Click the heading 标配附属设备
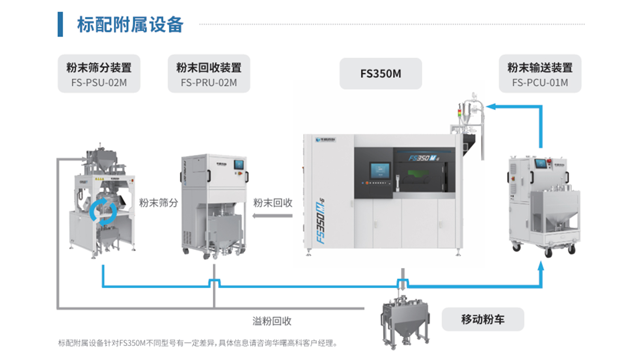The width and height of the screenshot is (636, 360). [x=130, y=25]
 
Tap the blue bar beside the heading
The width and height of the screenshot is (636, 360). [x=60, y=24]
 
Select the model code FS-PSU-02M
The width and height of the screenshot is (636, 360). [x=99, y=83]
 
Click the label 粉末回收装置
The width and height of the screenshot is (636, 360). [x=209, y=68]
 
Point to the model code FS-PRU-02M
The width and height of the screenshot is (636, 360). [x=209, y=83]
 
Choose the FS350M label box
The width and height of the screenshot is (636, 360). [x=381, y=74]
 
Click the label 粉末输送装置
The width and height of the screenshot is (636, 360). [x=540, y=68]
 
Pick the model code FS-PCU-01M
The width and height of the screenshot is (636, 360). [x=540, y=83]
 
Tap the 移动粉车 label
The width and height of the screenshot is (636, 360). [x=483, y=319]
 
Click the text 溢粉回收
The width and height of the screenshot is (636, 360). [x=272, y=321]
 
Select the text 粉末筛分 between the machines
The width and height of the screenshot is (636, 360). [x=158, y=203]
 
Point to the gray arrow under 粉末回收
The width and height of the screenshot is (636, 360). [x=272, y=216]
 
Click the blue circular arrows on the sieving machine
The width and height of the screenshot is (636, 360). [x=103, y=212]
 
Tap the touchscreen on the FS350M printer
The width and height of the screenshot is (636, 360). [x=380, y=170]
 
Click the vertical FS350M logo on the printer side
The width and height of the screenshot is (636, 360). [x=320, y=221]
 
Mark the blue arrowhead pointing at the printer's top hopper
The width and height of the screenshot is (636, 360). [x=490, y=107]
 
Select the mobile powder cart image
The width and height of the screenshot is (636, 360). [x=405, y=322]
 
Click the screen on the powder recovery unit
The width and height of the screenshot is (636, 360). [x=238, y=164]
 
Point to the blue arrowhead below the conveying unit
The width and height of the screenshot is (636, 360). [x=540, y=266]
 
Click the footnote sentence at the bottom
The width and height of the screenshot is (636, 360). [x=198, y=343]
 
